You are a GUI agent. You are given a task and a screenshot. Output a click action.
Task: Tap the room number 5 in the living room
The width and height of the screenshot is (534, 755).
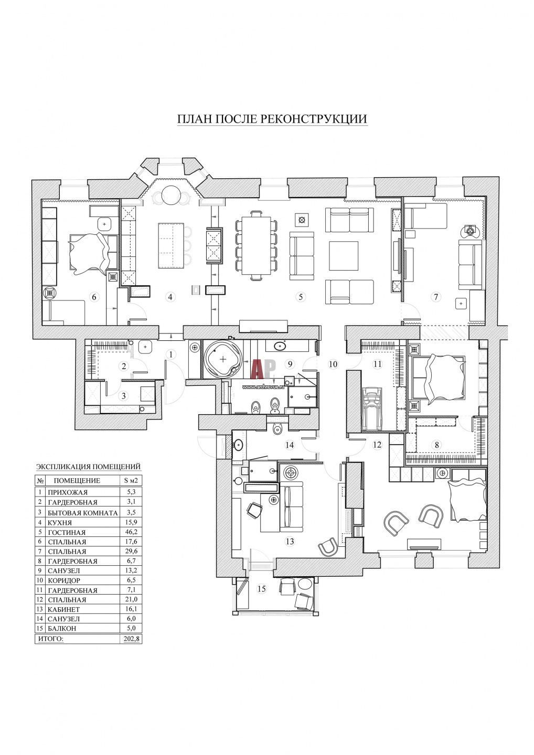click(301, 297)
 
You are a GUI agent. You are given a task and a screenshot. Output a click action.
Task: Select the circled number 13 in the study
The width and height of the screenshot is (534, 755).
click(290, 542)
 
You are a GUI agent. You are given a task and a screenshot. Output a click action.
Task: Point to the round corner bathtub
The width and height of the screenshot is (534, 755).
click(222, 360)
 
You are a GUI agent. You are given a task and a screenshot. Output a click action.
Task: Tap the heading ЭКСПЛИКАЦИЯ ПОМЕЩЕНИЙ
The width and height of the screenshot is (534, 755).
click(88, 467)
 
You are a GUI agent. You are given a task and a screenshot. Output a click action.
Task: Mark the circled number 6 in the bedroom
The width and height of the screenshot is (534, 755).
click(94, 297)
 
